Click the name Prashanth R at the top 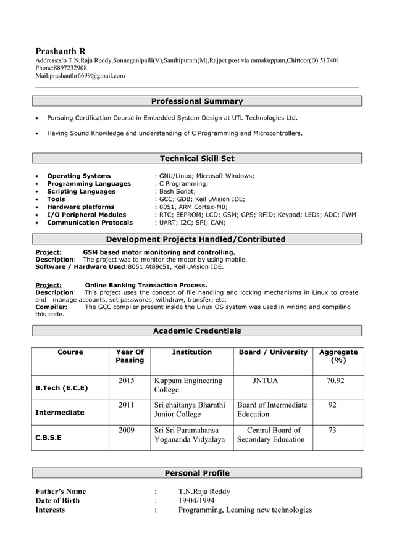pos(61,51)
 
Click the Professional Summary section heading pos(196,101)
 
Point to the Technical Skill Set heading pos(196,159)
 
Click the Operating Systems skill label pos(79,176)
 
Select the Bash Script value pos(175,191)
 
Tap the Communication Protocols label pos(90,223)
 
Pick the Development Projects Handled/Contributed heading pos(196,239)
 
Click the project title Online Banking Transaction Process pos(146,284)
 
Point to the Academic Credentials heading pos(196,331)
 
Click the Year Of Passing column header pos(130,356)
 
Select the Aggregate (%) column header pos(338,356)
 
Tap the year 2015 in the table pos(126,381)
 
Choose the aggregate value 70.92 pos(335,381)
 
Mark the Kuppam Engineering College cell pos(188,385)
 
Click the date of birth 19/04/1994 pos(196,500)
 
